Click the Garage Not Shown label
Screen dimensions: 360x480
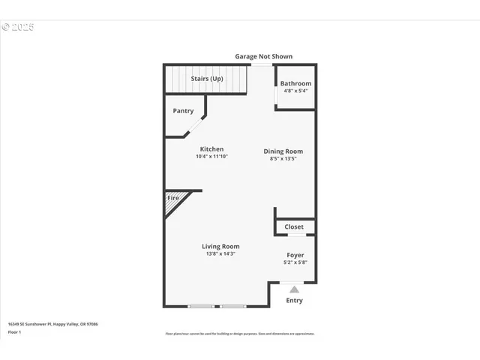pyautogui.click(x=263, y=56)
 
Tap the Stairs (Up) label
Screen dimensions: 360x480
pyautogui.click(x=207, y=79)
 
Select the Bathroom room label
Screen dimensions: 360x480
pyautogui.click(x=295, y=83)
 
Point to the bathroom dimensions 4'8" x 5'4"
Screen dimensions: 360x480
pyautogui.click(x=295, y=91)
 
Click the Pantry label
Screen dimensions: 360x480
pyautogui.click(x=183, y=110)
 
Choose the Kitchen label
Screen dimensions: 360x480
pyautogui.click(x=211, y=149)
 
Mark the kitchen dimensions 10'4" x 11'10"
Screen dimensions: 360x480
pyautogui.click(x=211, y=157)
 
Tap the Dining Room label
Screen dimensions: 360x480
pyautogui.click(x=283, y=151)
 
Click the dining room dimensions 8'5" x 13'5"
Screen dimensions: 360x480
pyautogui.click(x=283, y=158)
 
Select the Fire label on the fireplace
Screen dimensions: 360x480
pyautogui.click(x=172, y=198)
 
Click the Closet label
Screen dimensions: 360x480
pyautogui.click(x=294, y=226)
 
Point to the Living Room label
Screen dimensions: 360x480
pyautogui.click(x=220, y=246)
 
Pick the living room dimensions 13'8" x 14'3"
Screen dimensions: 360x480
pyautogui.click(x=220, y=253)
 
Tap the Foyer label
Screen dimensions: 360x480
pyautogui.click(x=295, y=255)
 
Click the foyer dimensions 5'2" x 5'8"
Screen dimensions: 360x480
pyautogui.click(x=295, y=262)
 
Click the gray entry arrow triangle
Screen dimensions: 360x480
pyautogui.click(x=294, y=289)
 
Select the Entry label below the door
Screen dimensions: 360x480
pyautogui.click(x=295, y=301)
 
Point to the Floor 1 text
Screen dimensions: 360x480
pyautogui.click(x=14, y=331)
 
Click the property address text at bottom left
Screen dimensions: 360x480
pyautogui.click(x=52, y=324)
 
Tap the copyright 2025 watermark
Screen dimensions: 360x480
pyautogui.click(x=18, y=27)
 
